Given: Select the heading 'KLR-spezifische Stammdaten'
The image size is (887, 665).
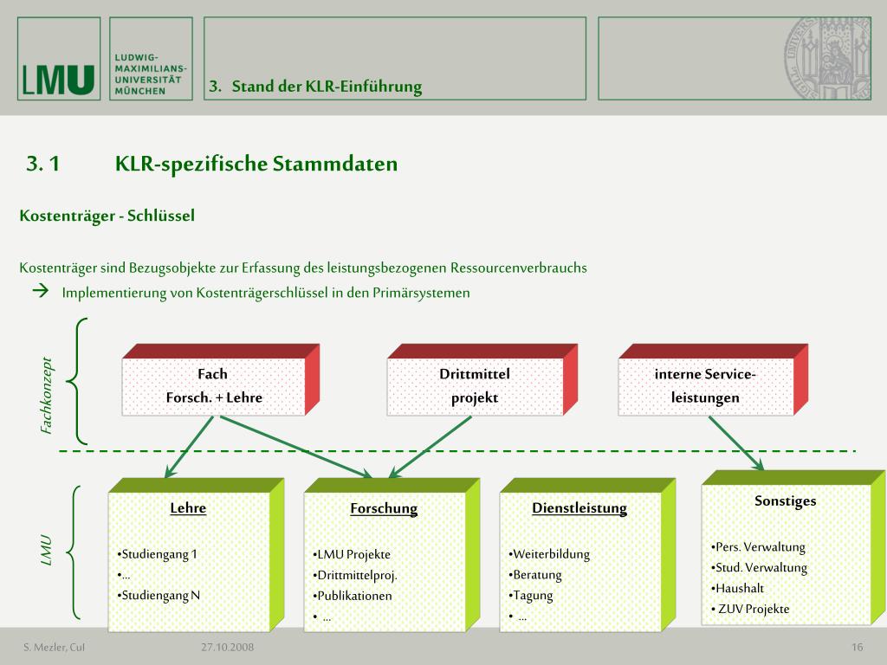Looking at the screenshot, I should [256, 164].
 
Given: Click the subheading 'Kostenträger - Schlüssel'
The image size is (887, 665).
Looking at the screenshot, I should [107, 216].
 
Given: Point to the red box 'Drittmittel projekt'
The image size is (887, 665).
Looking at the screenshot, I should [475, 386].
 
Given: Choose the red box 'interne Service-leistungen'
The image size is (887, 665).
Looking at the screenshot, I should [705, 386].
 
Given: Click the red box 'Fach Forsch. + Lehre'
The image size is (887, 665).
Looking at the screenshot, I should [213, 386].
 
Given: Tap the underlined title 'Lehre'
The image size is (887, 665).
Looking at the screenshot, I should [188, 507].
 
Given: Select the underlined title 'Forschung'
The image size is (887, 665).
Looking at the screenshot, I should [384, 508].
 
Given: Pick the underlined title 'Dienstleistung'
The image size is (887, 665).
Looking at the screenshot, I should [579, 507].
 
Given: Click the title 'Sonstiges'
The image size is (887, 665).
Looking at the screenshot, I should [785, 500].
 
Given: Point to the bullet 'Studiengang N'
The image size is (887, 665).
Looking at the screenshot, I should [160, 595].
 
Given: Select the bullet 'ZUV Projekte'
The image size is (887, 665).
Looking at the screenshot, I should [752, 609].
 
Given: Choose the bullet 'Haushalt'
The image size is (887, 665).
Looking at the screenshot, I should [740, 588].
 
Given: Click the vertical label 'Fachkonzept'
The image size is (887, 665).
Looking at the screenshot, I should [47, 396].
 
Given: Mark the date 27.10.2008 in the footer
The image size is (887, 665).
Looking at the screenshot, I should [227, 648].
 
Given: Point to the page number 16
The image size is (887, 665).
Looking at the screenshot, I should [858, 648].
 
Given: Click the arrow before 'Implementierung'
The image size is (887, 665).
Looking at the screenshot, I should [40, 292].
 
